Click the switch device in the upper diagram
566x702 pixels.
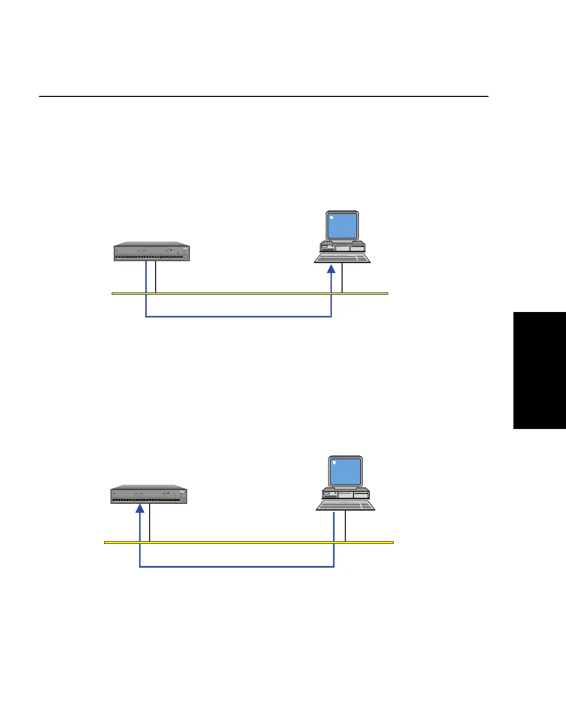(152, 252)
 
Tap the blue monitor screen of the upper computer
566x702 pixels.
(343, 225)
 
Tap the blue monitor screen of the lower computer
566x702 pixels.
(346, 471)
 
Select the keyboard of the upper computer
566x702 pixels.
(342, 258)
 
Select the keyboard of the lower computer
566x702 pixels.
(346, 505)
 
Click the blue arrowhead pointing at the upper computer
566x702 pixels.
(331, 269)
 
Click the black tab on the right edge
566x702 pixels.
(539, 370)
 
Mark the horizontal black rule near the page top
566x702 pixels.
(263, 96)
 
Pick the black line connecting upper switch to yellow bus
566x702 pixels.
(156, 277)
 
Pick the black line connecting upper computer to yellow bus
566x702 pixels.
(342, 278)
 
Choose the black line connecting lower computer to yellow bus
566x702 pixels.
(345, 526)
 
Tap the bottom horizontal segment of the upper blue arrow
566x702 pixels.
(239, 316)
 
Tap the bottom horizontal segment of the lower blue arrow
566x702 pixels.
(237, 567)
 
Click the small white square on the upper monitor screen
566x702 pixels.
(332, 218)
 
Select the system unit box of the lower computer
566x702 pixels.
(346, 493)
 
